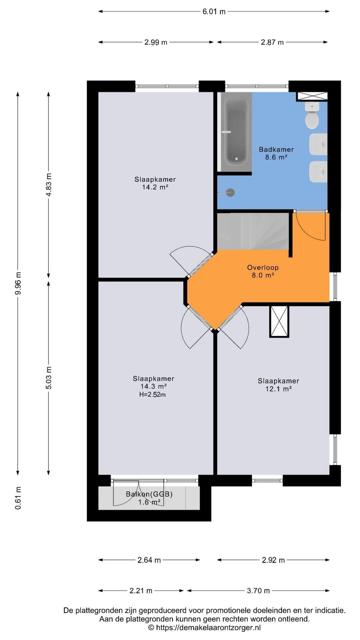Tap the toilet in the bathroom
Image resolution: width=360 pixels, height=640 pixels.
point(312,116)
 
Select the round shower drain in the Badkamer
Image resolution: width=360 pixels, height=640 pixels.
point(230,192)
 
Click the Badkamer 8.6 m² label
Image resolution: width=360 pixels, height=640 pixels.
point(276,153)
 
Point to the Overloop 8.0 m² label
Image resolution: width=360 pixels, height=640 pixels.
point(263,271)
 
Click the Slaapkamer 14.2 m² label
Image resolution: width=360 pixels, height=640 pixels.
point(155,183)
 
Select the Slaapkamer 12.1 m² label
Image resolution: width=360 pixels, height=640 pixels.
point(278,385)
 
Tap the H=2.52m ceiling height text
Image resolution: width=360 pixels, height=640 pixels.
point(152,395)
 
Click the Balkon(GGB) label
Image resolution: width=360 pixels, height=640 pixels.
point(149,494)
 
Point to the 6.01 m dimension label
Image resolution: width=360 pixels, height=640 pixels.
point(214,12)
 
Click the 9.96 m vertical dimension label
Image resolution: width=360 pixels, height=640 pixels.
point(19,283)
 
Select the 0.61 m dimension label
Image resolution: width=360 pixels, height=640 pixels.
point(18,498)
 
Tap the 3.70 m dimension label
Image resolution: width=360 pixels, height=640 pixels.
point(258,591)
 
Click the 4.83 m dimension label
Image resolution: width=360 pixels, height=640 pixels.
point(49,185)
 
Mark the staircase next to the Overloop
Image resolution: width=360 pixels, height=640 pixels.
point(253,231)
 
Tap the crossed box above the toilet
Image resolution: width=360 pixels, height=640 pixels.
point(312,96)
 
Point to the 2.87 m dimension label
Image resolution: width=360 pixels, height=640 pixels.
point(272,42)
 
